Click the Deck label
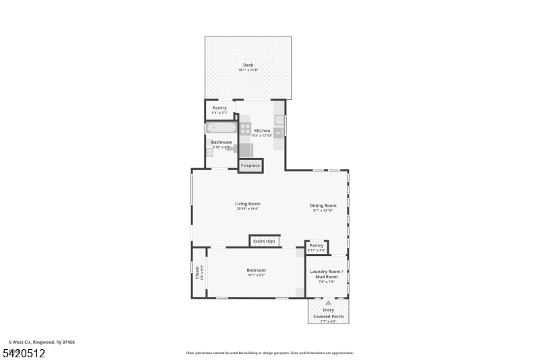pyautogui.click(x=248, y=66)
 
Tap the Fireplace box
pyautogui.click(x=250, y=165)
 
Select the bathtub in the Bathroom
pyautogui.click(x=221, y=128)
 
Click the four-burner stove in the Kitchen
pyautogui.click(x=245, y=127)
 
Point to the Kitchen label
pyautogui.click(x=262, y=130)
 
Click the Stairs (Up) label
pyautogui.click(x=264, y=241)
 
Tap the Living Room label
pyautogui.click(x=248, y=203)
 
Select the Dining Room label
pyautogui.click(x=323, y=205)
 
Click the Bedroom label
pyautogui.click(x=256, y=270)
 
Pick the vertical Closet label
pyautogui.click(x=198, y=272)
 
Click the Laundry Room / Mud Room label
pyautogui.click(x=327, y=274)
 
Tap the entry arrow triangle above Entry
pyautogui.click(x=328, y=303)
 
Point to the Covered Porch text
pyautogui.click(x=328, y=316)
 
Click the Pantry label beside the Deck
pyautogui.click(x=219, y=108)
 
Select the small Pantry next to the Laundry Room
pyautogui.click(x=317, y=246)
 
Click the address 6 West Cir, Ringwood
pyautogui.click(x=42, y=342)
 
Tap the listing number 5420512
pyautogui.click(x=24, y=353)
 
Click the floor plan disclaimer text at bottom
pyautogui.click(x=269, y=353)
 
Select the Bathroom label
pyautogui.click(x=221, y=142)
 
